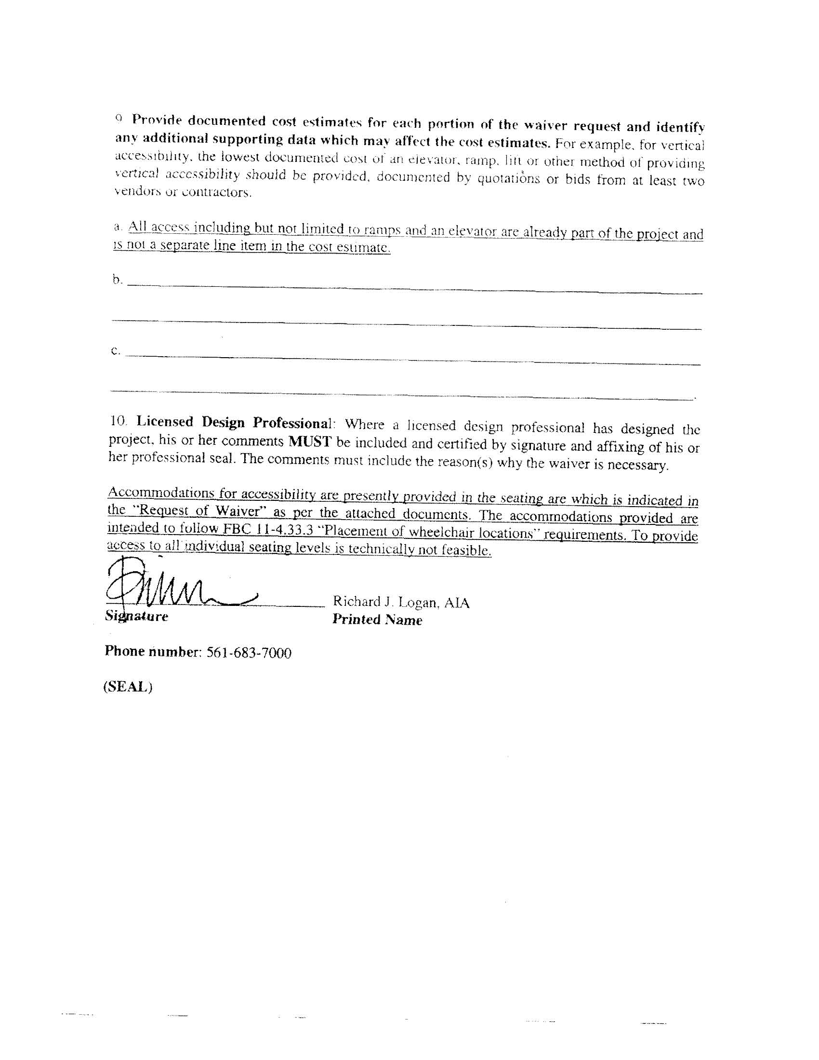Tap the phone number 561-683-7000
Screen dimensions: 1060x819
pos(249,653)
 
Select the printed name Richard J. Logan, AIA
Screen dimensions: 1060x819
pos(401,603)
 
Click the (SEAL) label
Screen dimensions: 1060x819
pos(128,687)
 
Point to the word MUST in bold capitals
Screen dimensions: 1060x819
pos(310,442)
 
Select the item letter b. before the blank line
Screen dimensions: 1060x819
pos(118,280)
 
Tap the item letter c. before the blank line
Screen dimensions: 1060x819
pos(116,351)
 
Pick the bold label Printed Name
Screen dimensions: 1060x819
pos(377,620)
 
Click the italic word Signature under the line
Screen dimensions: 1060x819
pos(136,617)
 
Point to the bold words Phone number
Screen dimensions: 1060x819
pos(152,651)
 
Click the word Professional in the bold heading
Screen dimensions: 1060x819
pos(291,423)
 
